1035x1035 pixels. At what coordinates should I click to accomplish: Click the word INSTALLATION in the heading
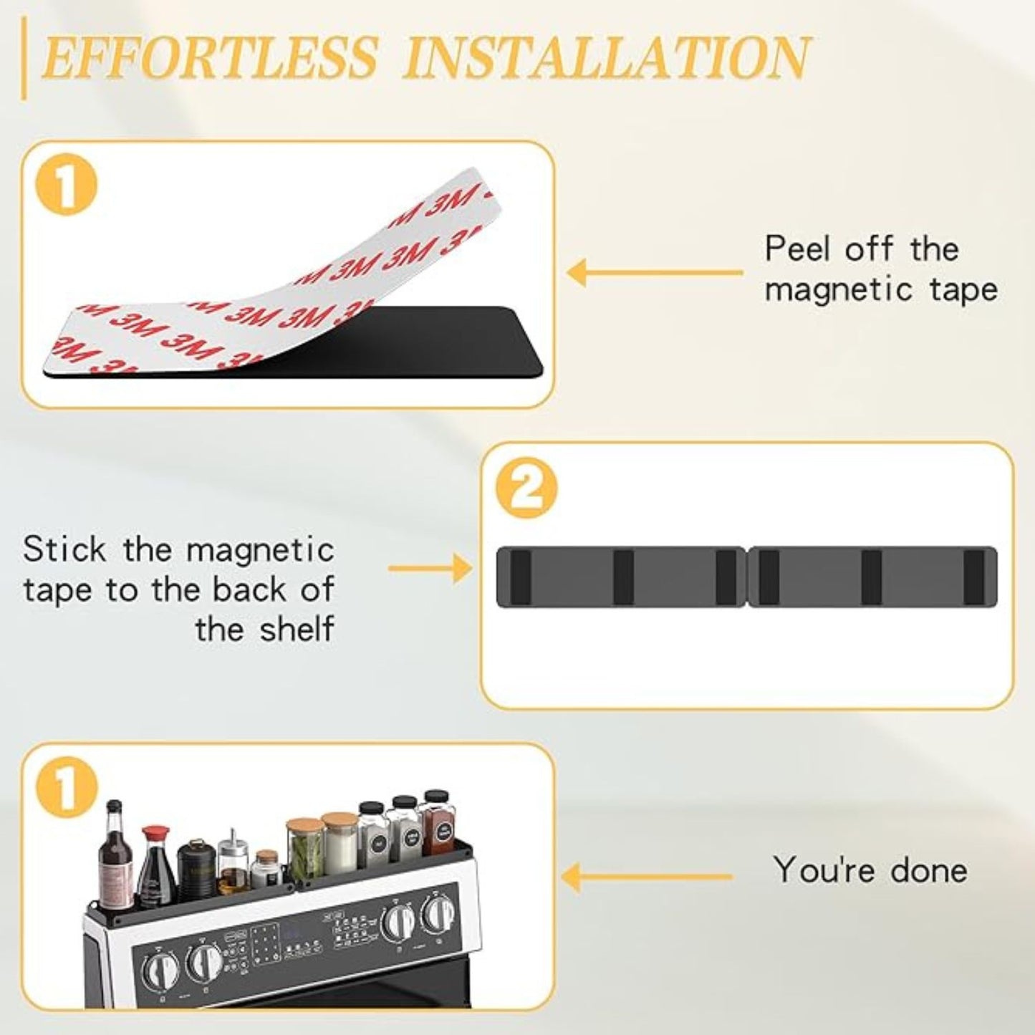click(x=606, y=57)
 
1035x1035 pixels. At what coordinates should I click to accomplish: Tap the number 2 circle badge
click(x=526, y=489)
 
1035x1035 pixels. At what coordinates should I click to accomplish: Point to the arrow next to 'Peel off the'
click(x=654, y=273)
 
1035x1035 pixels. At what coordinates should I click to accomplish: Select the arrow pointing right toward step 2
click(x=430, y=569)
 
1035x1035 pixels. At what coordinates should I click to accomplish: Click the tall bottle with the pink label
click(x=115, y=856)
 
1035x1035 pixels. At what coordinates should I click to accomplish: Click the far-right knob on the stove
click(x=436, y=913)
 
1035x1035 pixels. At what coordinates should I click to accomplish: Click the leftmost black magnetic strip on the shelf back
click(x=521, y=577)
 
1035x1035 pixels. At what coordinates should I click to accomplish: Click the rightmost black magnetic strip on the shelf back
click(x=973, y=577)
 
